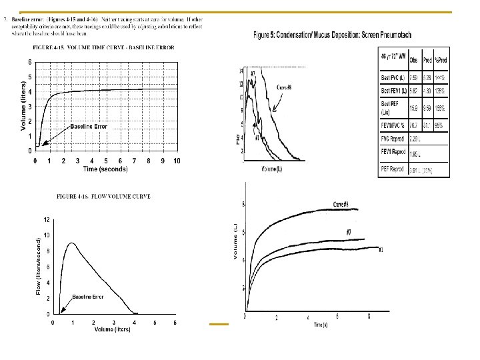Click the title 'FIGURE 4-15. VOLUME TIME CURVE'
[x=103, y=48]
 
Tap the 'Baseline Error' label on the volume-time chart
[x=89, y=126]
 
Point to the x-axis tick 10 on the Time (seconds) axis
[x=177, y=161]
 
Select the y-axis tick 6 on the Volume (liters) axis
[x=29, y=62]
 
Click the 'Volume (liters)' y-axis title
[x=23, y=106]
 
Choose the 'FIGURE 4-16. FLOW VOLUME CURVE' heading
[x=103, y=197]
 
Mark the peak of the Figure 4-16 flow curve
[x=72, y=243]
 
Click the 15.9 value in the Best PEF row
[x=413, y=108]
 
